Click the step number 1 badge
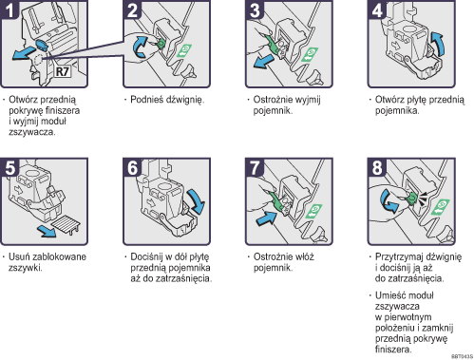(9, 9)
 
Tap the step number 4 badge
(377, 9)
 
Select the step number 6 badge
(132, 167)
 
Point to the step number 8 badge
(377, 167)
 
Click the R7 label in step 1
(63, 71)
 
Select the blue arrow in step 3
(263, 61)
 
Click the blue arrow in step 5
(47, 232)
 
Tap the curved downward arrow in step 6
(197, 201)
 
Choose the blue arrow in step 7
(266, 218)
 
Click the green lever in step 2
(161, 44)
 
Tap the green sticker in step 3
(310, 54)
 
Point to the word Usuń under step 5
(19, 256)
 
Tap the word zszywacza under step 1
(32, 132)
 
